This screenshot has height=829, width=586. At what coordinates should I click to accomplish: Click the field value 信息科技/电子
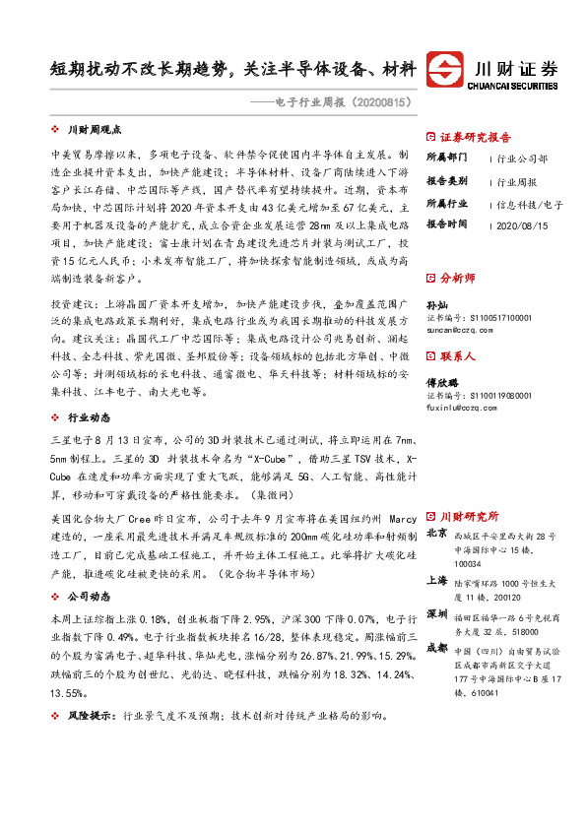point(530,204)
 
